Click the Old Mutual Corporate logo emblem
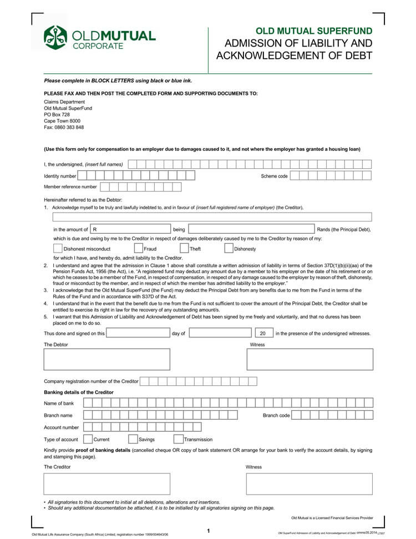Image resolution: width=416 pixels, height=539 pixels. tap(55, 38)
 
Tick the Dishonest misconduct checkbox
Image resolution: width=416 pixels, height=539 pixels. tap(58, 249)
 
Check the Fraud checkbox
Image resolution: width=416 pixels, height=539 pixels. tap(139, 249)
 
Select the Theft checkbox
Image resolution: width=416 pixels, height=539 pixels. tap(184, 249)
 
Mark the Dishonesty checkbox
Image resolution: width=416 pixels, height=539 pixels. tap(229, 249)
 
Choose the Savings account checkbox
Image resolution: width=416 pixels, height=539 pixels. tap(133, 439)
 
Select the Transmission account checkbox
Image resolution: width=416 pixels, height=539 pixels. tap(179, 439)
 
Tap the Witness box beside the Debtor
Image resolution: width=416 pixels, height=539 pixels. tap(310, 359)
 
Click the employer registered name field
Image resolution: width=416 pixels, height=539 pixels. tap(212, 217)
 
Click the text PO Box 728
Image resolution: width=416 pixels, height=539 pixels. tap(57, 114)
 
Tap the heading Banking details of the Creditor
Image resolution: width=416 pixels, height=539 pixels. tap(78, 392)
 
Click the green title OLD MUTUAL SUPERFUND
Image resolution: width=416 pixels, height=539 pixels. tap(313, 31)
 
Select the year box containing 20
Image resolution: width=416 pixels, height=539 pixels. tap(263, 333)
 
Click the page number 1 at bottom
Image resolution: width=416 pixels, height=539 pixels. tap(208, 531)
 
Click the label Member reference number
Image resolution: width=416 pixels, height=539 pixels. tap(70, 187)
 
